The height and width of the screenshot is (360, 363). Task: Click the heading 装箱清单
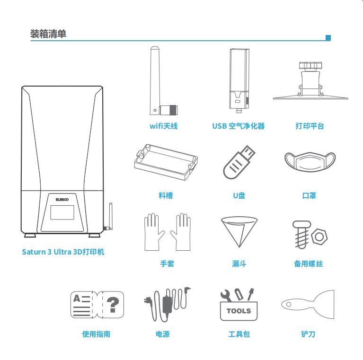[x=48, y=34]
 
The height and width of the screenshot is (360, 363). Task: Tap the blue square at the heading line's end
[x=328, y=38]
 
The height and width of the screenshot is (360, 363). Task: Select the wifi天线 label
[x=164, y=126]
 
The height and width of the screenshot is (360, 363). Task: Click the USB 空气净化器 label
[x=239, y=126]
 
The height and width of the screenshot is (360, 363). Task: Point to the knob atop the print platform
[x=310, y=66]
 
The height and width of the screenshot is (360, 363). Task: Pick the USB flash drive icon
[x=239, y=162]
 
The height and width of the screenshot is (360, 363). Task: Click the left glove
[x=154, y=232]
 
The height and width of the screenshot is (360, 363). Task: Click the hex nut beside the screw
[x=319, y=237]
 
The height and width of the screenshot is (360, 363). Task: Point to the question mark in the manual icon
[x=113, y=305]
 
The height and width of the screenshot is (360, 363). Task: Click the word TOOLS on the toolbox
[x=239, y=311]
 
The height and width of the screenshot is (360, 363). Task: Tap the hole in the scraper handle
[x=289, y=304]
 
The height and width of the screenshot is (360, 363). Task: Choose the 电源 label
[x=162, y=334]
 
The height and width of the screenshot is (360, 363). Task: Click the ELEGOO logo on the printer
[x=62, y=200]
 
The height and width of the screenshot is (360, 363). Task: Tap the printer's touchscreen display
[x=62, y=212]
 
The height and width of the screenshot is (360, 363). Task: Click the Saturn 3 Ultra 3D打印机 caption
[x=63, y=252]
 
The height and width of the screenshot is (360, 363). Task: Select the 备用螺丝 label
[x=309, y=263]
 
